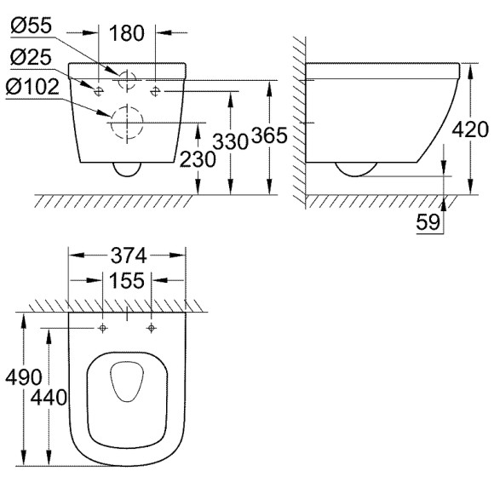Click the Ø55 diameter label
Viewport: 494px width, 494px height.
tap(31, 26)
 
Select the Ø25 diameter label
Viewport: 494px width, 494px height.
tap(31, 57)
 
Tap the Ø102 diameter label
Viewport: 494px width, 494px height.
tap(32, 87)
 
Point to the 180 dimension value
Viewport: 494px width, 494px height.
tap(127, 33)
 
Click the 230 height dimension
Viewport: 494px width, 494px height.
tap(198, 159)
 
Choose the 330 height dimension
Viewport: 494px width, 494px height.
tap(231, 141)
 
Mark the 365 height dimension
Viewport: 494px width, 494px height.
tap(270, 135)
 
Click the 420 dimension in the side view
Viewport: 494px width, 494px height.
tap(470, 129)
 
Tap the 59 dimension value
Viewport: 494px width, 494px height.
tap(428, 221)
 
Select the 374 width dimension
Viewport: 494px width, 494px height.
tap(129, 256)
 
